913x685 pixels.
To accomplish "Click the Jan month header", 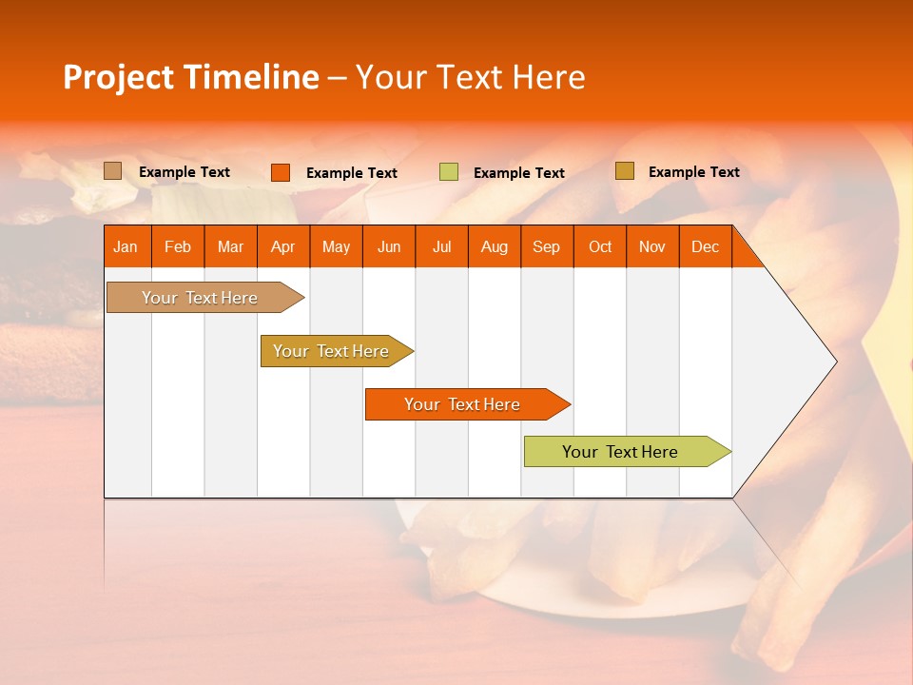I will pos(126,246).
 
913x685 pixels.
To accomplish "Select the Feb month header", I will pos(178,246).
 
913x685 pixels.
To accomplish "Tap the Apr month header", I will pos(282,246).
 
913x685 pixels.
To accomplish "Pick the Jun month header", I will pos(389,246).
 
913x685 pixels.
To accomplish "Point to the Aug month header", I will pos(494,246).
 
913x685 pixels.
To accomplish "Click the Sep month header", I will pos(546,246).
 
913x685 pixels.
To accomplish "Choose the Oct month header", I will pos(600,246).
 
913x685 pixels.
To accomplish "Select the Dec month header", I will pos(705,246).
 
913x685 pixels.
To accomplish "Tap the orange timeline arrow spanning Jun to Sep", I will pos(464,404).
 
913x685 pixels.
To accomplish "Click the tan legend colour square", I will pos(113,171).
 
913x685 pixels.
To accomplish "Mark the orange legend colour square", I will pos(281,172).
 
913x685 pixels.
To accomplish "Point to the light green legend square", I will pos(449,172).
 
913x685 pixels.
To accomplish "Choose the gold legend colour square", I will pos(625,171).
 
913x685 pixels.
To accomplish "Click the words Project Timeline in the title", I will pos(190,77).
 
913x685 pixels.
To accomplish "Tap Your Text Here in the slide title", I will pos(470,77).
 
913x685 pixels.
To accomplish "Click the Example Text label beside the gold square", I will pos(693,172).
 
